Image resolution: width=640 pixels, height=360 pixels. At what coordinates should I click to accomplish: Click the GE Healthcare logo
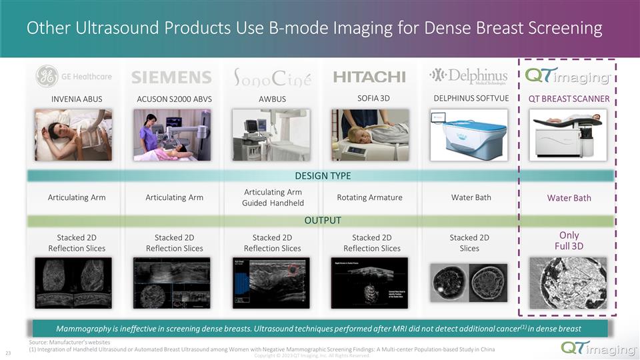(74, 76)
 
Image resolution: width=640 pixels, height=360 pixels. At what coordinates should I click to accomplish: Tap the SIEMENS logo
(172, 77)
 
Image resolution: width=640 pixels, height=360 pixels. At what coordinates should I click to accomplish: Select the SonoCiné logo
(272, 77)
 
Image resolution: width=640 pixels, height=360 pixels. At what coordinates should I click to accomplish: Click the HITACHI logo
(369, 77)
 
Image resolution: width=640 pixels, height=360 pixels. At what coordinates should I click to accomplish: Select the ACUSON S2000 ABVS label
(174, 99)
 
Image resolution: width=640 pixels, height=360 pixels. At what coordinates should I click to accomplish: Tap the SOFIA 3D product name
(373, 99)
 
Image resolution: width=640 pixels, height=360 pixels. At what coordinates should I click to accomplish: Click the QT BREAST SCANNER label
(569, 99)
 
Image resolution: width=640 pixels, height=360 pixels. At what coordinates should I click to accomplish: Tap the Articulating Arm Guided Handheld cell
(273, 197)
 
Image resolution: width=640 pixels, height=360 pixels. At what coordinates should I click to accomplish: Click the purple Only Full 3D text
(569, 241)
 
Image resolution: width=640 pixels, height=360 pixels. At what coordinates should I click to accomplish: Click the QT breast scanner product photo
(569, 135)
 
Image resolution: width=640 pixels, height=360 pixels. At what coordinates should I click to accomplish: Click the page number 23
(9, 353)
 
